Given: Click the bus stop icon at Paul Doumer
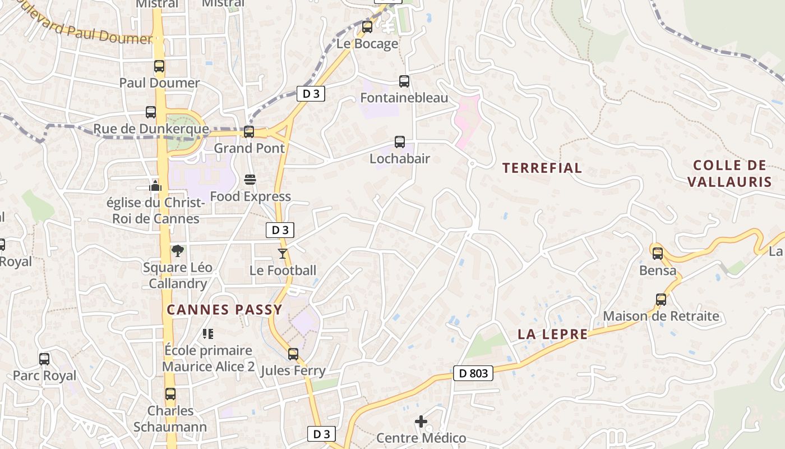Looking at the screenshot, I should click(x=159, y=66).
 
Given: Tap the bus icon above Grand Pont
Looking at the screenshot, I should click(x=249, y=132).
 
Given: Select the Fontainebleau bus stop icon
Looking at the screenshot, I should click(x=404, y=81).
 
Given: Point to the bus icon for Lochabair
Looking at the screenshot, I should click(x=400, y=142).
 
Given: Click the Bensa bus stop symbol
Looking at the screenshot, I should click(x=658, y=254).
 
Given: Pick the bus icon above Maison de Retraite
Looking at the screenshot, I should click(x=661, y=300).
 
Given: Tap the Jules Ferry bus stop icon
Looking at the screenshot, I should click(x=293, y=354).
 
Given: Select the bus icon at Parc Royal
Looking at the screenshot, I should click(x=44, y=359).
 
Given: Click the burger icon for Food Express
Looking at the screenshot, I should click(x=250, y=180).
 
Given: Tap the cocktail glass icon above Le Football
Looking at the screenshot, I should click(x=283, y=254).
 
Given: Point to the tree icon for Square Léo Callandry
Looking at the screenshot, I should click(x=178, y=251).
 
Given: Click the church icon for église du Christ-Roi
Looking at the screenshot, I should click(x=155, y=185).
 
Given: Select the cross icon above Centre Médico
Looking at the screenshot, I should click(x=421, y=421).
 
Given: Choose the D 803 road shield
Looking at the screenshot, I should click(x=473, y=373).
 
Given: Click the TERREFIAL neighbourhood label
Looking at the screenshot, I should click(x=542, y=168).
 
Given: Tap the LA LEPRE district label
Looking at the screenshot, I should click(x=552, y=335).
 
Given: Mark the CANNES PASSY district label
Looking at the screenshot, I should click(x=224, y=310).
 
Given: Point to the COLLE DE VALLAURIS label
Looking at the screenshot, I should click(x=729, y=173).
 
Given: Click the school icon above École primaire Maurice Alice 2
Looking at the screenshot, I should click(x=208, y=334).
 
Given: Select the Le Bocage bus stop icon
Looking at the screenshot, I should click(x=367, y=27).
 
